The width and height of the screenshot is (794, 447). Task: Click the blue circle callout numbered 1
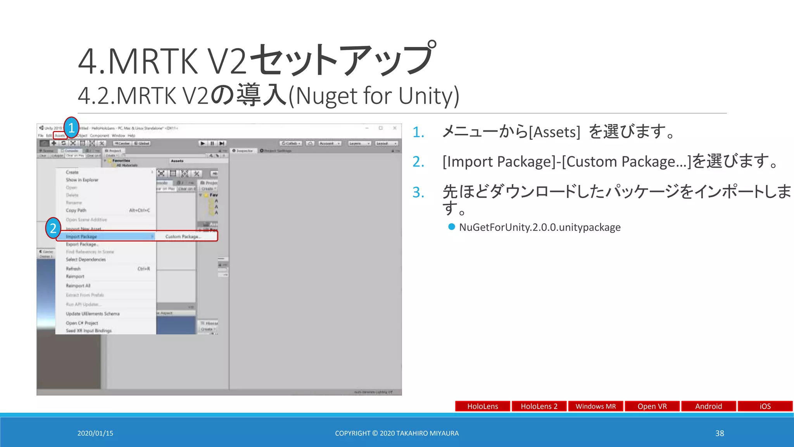(71, 128)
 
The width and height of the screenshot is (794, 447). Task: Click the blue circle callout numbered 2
(53, 228)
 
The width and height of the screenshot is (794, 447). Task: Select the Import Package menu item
(81, 236)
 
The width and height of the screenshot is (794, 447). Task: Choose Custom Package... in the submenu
(183, 236)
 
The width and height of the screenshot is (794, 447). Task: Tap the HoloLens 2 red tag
(539, 406)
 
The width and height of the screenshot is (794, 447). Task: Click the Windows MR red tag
(595, 406)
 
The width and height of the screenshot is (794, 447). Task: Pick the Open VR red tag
(652, 406)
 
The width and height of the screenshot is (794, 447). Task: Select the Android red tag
(708, 406)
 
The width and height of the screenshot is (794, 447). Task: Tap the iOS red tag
(765, 406)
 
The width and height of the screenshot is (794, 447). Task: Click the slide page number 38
(720, 433)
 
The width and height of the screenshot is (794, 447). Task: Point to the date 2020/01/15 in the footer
(95, 433)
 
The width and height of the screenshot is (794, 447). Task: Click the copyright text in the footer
(397, 433)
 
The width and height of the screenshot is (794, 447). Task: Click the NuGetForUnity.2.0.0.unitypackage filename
(540, 227)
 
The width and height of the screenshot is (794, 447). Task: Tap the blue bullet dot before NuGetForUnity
(451, 227)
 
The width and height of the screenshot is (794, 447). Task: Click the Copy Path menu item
(76, 210)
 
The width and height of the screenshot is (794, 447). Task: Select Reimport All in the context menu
(78, 286)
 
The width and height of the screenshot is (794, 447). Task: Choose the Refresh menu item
(73, 269)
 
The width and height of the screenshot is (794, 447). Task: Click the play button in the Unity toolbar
(202, 143)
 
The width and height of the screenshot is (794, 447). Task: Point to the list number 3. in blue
(418, 192)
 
